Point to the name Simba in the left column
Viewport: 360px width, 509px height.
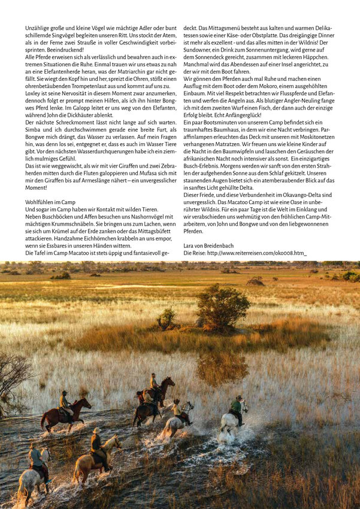pyautogui.click(x=35, y=129)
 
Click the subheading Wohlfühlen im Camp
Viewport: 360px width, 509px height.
pyautogui.click(x=50, y=203)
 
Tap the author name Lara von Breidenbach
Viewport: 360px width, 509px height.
pyautogui.click(x=208, y=246)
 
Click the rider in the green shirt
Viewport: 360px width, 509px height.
pyautogui.click(x=237, y=407)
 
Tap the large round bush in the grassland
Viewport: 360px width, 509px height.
pyautogui.click(x=223, y=306)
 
